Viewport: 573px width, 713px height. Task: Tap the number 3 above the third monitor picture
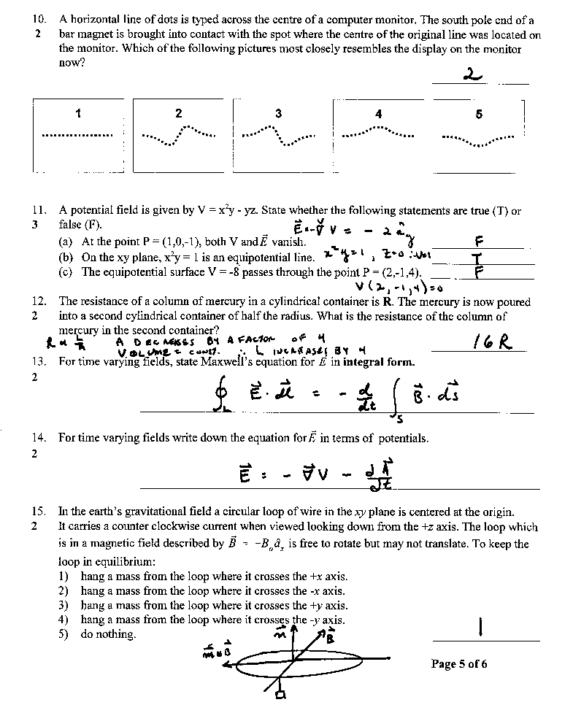tap(278, 113)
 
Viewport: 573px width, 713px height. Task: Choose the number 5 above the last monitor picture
tap(479, 114)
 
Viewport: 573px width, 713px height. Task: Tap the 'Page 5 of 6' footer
tap(459, 663)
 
